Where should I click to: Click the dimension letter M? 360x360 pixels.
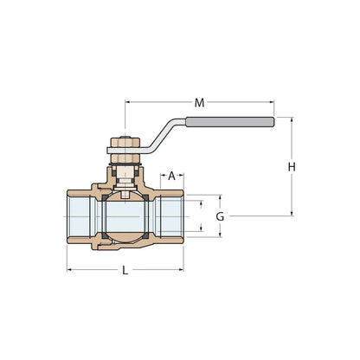pos(200,103)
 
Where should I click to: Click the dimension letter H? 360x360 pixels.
pos(292,166)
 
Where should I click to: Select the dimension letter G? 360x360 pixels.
pos(220,216)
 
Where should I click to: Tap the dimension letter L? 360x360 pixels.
pos(125,270)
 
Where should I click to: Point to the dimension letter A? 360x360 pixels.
pos(172,176)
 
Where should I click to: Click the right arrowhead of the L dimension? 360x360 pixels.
pos(183,270)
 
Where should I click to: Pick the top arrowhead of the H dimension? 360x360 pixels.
pos(292,121)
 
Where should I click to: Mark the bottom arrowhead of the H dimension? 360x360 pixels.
pos(292,214)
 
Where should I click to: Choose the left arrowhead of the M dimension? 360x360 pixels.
pos(129,103)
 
